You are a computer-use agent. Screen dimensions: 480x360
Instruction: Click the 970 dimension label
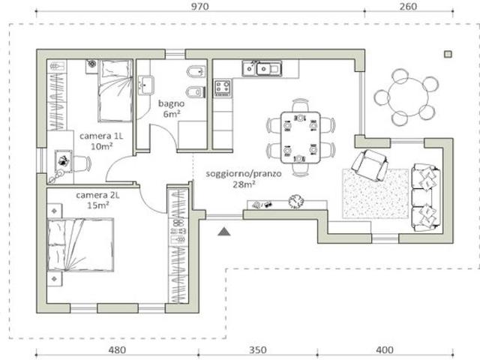[199, 7]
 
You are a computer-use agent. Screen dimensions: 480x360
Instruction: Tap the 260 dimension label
[408, 7]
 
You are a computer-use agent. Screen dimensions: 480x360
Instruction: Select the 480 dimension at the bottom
[117, 349]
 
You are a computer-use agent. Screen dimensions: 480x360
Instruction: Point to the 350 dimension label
[257, 349]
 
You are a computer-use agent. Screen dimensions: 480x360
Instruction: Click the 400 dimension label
[385, 349]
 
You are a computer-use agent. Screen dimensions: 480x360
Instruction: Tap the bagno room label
[172, 103]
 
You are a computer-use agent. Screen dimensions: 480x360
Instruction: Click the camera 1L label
[101, 136]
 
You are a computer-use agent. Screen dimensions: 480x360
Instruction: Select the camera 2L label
[97, 195]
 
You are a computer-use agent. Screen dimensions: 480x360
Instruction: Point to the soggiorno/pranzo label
[244, 174]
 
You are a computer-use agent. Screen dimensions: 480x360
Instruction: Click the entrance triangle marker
[224, 232]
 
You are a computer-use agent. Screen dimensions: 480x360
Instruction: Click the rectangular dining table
[301, 137]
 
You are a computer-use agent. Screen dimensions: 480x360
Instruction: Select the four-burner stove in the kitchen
[223, 88]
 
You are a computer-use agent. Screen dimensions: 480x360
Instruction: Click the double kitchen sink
[262, 68]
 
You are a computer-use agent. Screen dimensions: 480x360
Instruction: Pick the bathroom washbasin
[145, 85]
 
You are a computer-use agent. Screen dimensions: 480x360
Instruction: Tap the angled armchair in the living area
[370, 166]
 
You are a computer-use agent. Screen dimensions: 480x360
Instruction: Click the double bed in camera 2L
[80, 245]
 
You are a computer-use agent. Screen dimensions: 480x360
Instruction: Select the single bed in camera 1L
[115, 91]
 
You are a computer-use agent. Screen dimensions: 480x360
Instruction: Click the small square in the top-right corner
[448, 54]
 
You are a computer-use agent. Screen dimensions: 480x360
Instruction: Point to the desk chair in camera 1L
[82, 163]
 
